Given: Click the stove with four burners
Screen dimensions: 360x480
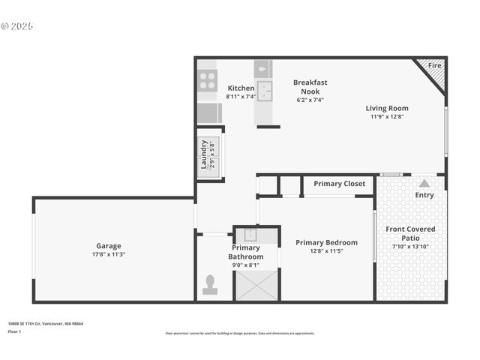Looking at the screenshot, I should pos(207,80).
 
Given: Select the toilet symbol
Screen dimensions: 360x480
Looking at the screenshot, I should pos(210,285).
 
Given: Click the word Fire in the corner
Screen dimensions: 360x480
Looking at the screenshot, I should pos(434,66).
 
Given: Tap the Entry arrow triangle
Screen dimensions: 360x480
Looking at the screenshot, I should pos(424,182).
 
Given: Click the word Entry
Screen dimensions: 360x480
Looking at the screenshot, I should pos(424,195).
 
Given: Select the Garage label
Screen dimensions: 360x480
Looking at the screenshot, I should pos(109,246).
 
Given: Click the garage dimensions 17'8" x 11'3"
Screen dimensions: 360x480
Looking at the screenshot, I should pos(109,254).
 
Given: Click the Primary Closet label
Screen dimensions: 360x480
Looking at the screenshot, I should pos(339,184).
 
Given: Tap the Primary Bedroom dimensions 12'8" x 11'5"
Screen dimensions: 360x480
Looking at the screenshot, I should pos(326,251).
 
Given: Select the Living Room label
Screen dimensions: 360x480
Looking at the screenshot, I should pos(387,108).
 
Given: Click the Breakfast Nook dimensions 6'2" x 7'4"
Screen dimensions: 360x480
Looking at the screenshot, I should pos(310,100).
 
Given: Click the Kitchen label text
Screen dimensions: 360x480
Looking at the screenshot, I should pos(241,88).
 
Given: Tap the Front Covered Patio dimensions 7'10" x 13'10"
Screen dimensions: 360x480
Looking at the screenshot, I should pos(410,247).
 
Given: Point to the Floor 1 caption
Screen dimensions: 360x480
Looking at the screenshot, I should pos(15,331).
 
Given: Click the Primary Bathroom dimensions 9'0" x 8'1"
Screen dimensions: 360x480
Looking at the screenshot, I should pos(245,265).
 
